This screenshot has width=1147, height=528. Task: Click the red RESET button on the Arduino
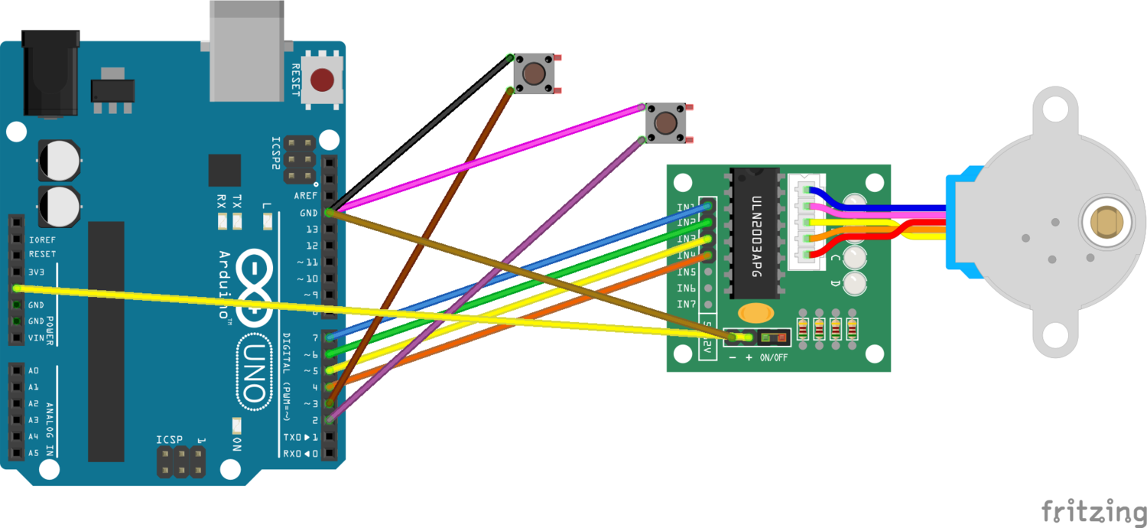322,79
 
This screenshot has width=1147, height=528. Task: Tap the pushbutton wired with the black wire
534,73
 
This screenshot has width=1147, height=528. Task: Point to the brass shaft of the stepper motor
1106,224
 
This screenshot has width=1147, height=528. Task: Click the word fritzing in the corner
1093,510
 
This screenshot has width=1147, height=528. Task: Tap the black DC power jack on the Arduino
50,73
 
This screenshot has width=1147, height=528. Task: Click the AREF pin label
306,197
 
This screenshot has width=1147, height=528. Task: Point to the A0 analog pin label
33,370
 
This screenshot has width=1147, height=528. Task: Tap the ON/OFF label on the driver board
775,357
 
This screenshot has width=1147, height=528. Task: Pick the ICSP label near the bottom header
170,440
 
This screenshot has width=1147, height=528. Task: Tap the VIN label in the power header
36,337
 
